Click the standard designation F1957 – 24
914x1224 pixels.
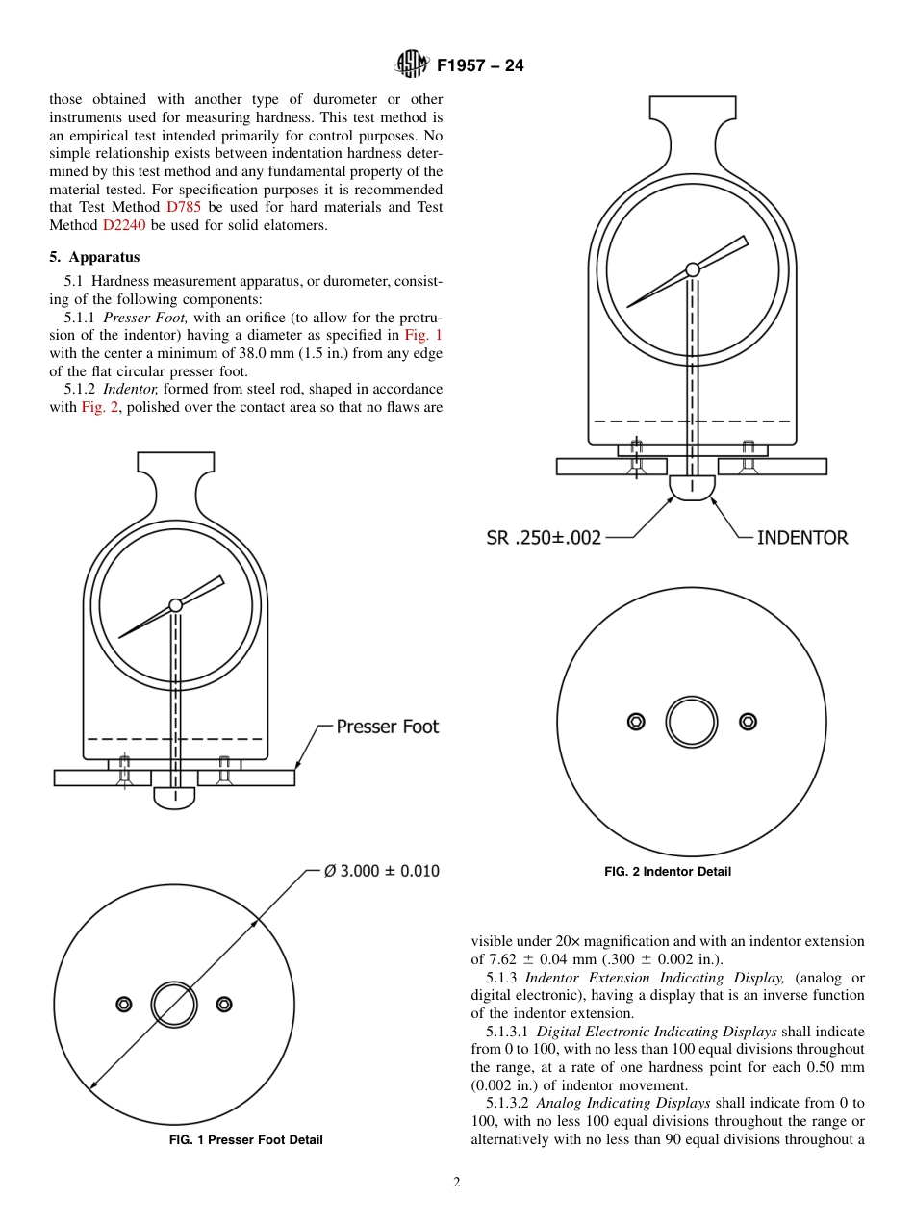pos(480,66)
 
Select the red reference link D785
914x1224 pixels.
pos(184,207)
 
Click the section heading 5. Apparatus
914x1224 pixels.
pos(94,257)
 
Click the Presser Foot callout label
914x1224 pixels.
pos(387,727)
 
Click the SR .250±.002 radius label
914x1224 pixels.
pos(544,538)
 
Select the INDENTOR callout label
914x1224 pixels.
pos(802,538)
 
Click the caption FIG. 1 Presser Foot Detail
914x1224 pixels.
pos(246,1140)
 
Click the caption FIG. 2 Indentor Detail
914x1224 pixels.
pos(668,872)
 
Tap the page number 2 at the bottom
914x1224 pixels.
pos(457,1183)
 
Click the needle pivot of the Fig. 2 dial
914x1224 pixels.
pos(692,270)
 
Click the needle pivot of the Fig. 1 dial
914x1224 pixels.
pos(175,605)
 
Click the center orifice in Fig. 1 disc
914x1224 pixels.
pos(174,1005)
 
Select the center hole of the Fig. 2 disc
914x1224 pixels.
pos(692,722)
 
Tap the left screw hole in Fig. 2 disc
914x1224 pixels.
pos(636,722)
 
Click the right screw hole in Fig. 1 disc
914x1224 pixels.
pos(224,1005)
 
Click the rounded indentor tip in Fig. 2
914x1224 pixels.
pos(692,489)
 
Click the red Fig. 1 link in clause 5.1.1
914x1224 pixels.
pos(423,335)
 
